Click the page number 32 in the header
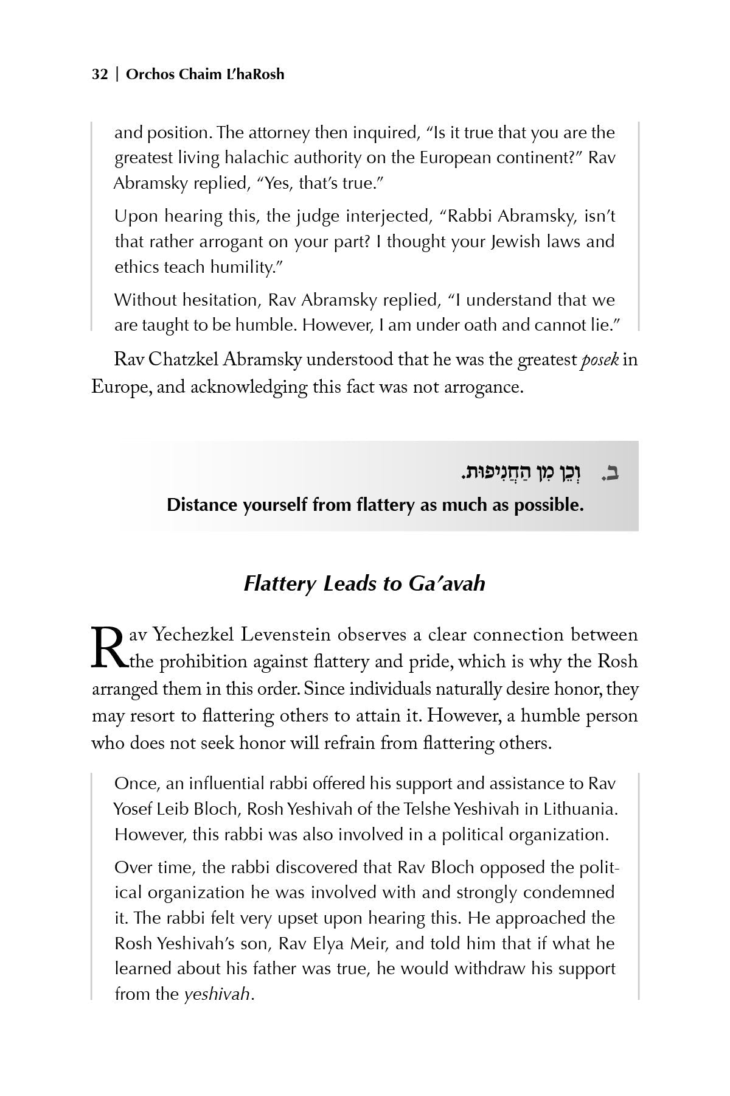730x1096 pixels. tap(100, 74)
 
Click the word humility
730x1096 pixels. tap(243, 267)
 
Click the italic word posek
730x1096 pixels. tap(600, 360)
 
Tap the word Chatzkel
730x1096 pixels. tap(184, 360)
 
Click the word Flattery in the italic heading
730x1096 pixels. tap(280, 584)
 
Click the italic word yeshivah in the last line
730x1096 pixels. tap(217, 994)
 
